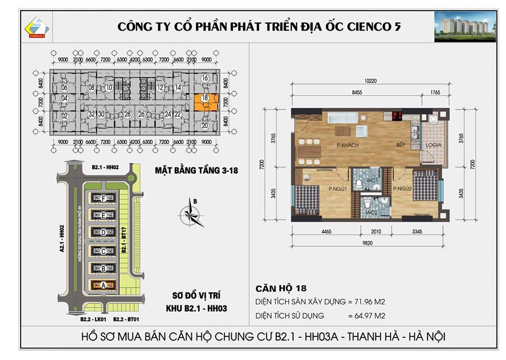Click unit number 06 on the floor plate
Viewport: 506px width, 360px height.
[64, 87]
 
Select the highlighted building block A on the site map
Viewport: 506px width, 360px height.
[103, 285]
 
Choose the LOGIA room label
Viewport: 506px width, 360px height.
[434, 145]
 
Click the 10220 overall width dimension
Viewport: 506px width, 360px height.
[371, 82]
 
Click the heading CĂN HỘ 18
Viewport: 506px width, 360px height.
[280, 288]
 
